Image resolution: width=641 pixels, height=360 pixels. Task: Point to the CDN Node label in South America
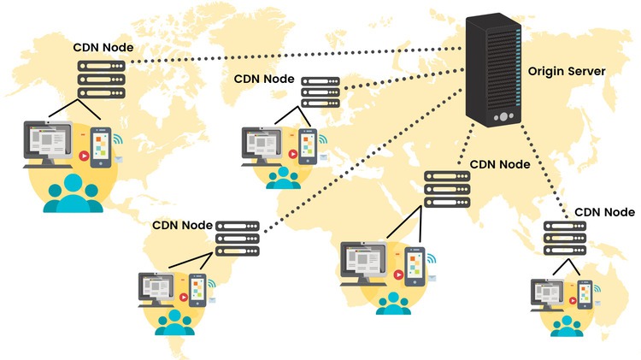(182, 226)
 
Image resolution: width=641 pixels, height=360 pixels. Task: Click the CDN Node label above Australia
(604, 211)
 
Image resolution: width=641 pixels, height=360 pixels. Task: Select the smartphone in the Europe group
(305, 146)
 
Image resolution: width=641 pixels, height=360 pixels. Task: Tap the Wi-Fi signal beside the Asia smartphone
(432, 257)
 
